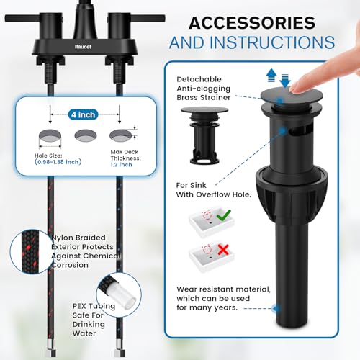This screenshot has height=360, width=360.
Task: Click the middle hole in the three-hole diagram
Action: click(84, 135)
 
